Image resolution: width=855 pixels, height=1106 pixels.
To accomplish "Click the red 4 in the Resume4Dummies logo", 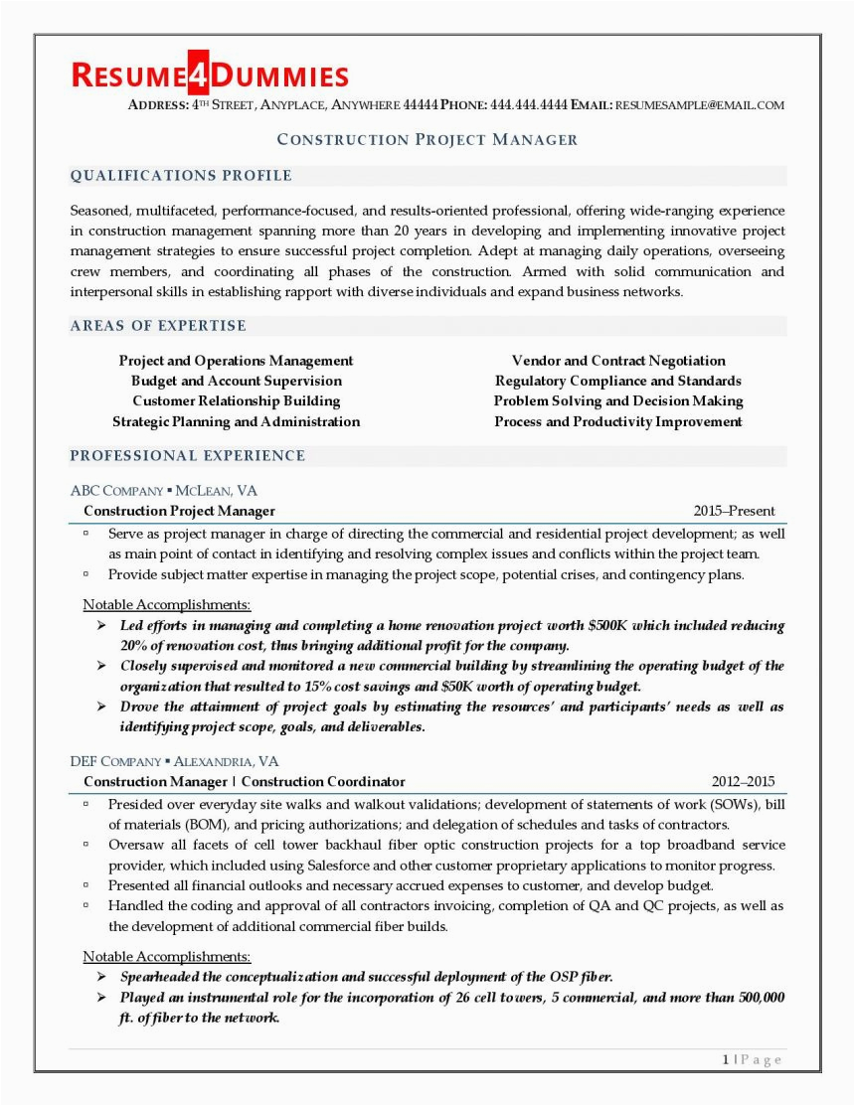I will pyautogui.click(x=193, y=76).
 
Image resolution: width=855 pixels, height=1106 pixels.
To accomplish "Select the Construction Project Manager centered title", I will pyautogui.click(x=427, y=139).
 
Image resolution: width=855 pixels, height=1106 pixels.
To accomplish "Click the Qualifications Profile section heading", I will pyautogui.click(x=181, y=176).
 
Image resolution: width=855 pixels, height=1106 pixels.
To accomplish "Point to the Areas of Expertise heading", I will pyautogui.click(x=158, y=326).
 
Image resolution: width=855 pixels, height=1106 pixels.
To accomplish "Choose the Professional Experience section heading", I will pyautogui.click(x=187, y=456).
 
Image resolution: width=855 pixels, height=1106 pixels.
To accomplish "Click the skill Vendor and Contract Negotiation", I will pyautogui.click(x=618, y=361).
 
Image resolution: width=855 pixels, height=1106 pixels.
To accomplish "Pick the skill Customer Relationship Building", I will pyautogui.click(x=236, y=401).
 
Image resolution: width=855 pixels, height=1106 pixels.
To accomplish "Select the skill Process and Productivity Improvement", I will pyautogui.click(x=618, y=421).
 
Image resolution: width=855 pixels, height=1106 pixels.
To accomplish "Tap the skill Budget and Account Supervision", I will pyautogui.click(x=236, y=381).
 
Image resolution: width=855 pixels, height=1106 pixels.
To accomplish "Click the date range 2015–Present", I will pyautogui.click(x=734, y=511).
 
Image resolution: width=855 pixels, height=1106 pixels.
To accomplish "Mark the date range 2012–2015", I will pyautogui.click(x=743, y=782).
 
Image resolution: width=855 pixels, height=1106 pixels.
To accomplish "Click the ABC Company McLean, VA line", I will pyautogui.click(x=164, y=491).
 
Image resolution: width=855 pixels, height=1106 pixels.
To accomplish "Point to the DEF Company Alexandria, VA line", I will pyautogui.click(x=174, y=762).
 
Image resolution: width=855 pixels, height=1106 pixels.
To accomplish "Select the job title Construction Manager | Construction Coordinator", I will pyautogui.click(x=244, y=782).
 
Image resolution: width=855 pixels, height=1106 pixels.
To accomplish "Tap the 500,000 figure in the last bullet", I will pyautogui.click(x=755, y=997).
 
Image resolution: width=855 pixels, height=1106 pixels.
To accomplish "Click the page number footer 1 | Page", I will pyautogui.click(x=752, y=1059).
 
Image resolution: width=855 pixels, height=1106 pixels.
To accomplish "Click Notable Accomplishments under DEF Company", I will pyautogui.click(x=166, y=956).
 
